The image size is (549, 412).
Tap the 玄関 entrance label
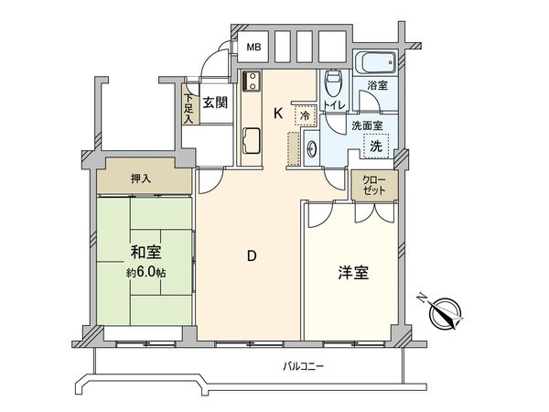(214, 103)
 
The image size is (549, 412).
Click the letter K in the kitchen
(277, 113)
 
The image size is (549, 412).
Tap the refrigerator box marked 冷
(303, 116)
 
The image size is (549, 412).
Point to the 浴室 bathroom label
(378, 85)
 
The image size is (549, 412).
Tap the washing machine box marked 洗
(376, 144)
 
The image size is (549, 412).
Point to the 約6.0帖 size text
(145, 273)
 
